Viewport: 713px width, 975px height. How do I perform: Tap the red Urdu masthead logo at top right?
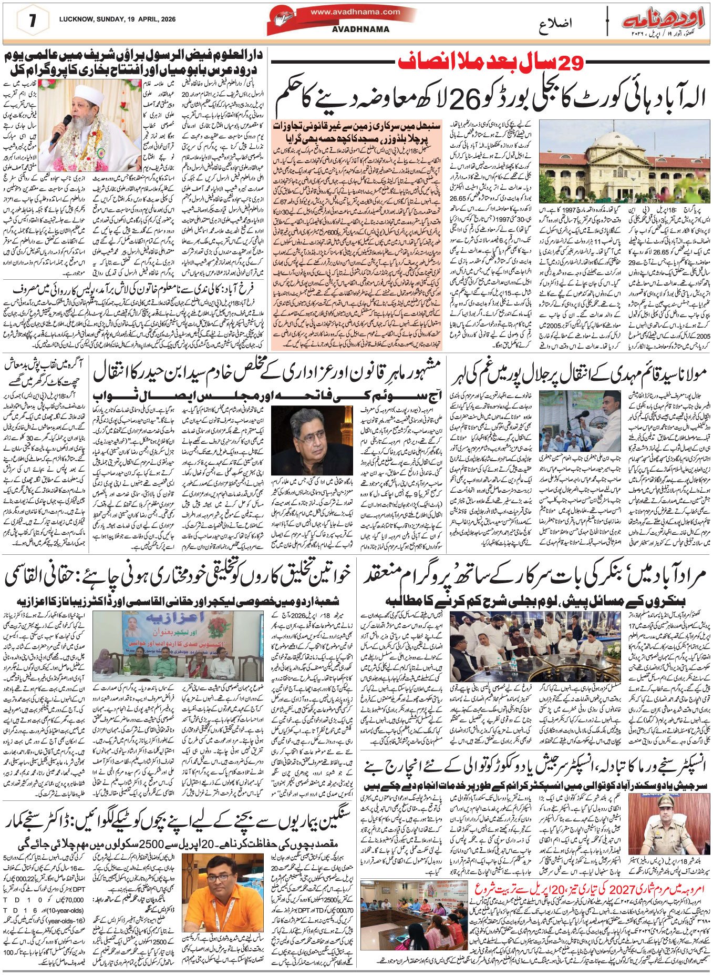(x=665, y=21)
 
